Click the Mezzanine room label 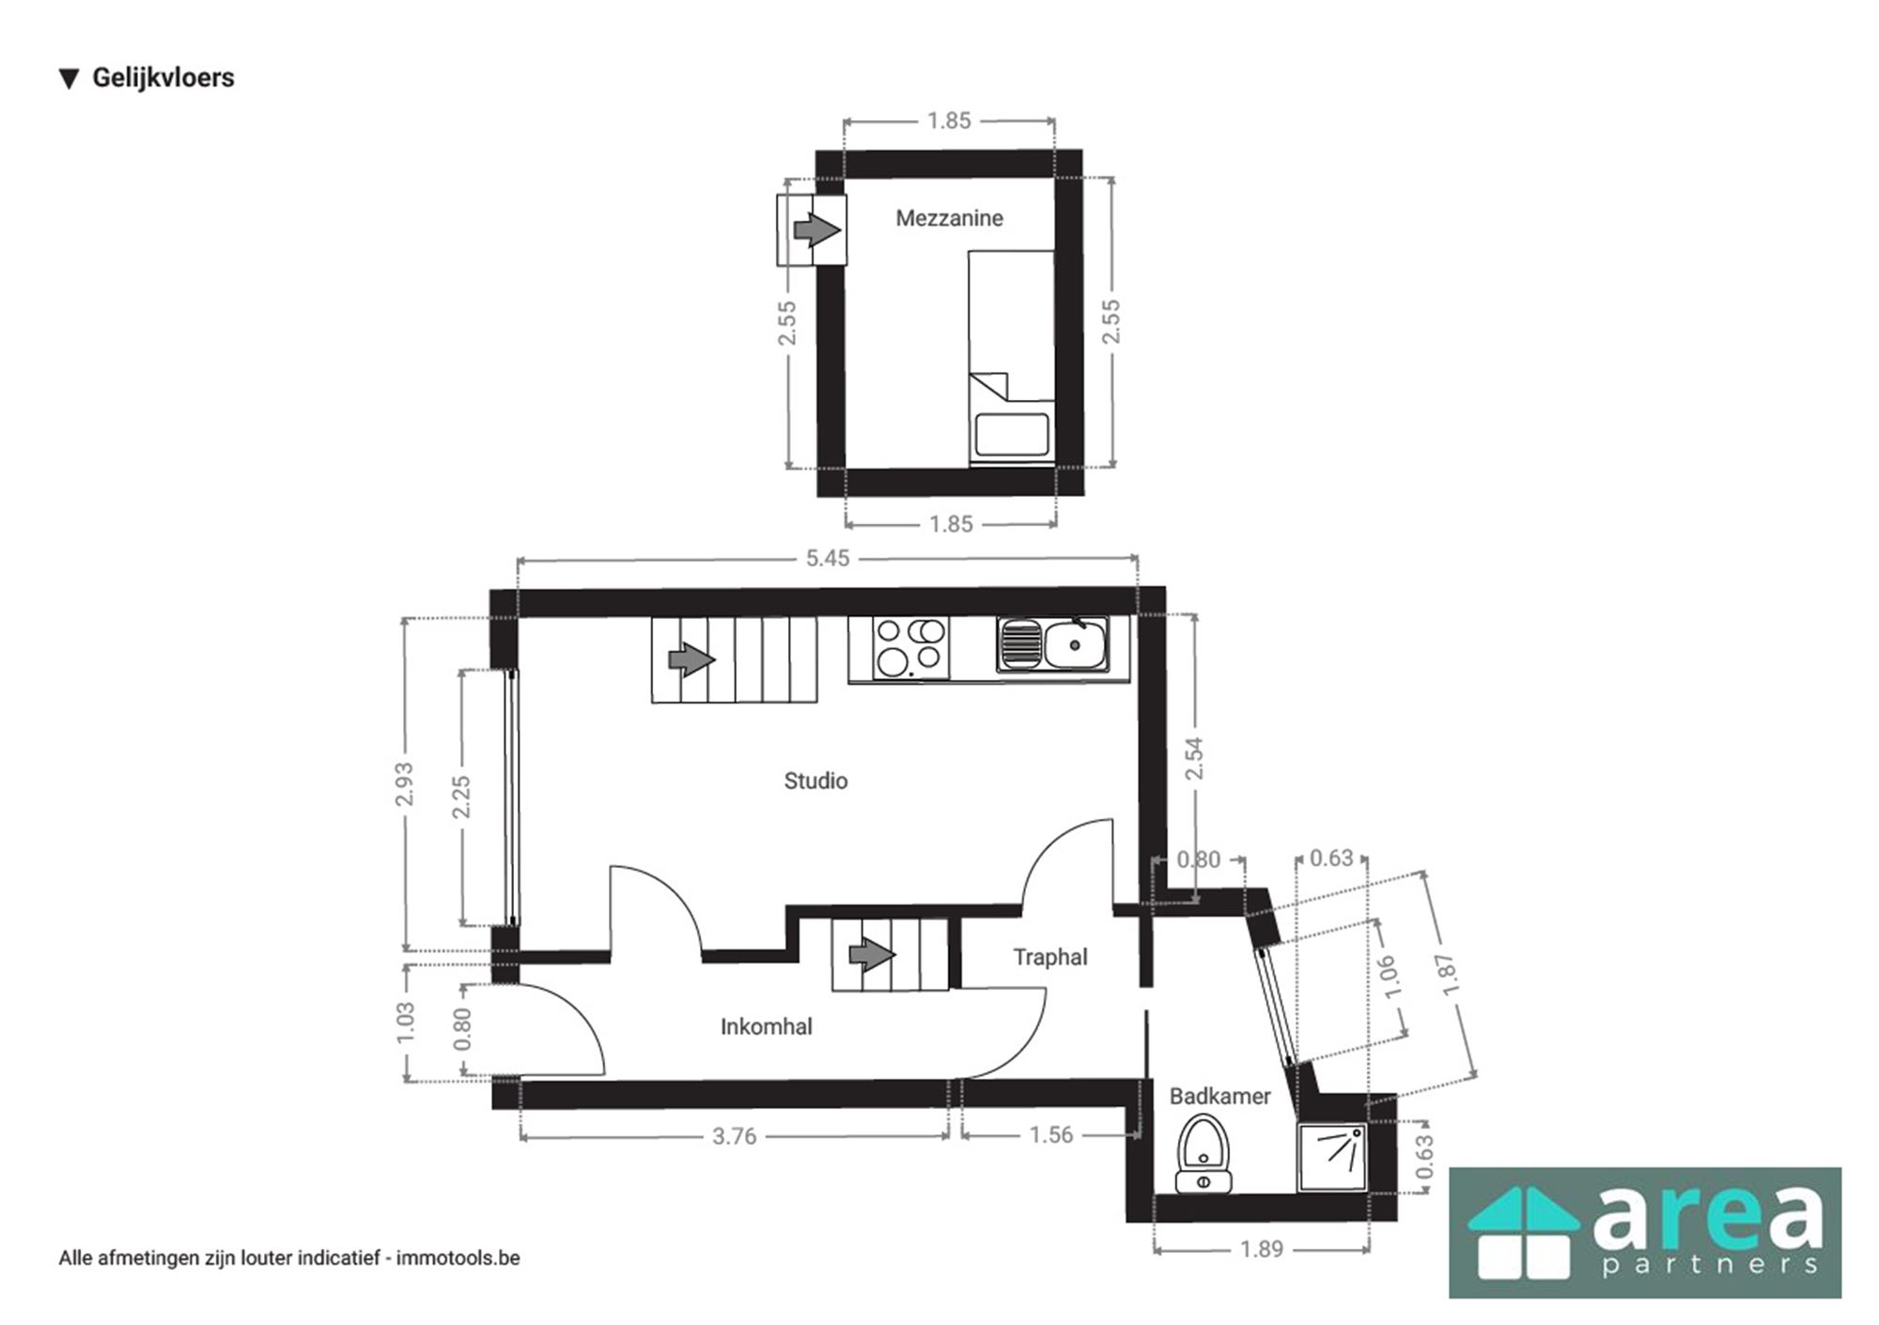click(949, 218)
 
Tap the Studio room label click(815, 780)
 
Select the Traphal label click(1049, 957)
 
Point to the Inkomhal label click(766, 1026)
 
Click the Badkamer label click(1219, 1096)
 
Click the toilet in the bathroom click(1203, 1152)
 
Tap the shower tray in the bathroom click(1331, 1157)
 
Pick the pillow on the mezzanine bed click(1011, 435)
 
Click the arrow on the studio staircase click(691, 659)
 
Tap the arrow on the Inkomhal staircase click(872, 956)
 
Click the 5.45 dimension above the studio click(827, 559)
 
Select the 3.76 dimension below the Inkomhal click(734, 1136)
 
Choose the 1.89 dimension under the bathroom click(1261, 1249)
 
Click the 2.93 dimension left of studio click(404, 784)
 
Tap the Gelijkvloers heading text click(163, 78)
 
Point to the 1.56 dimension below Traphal click(1050, 1135)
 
